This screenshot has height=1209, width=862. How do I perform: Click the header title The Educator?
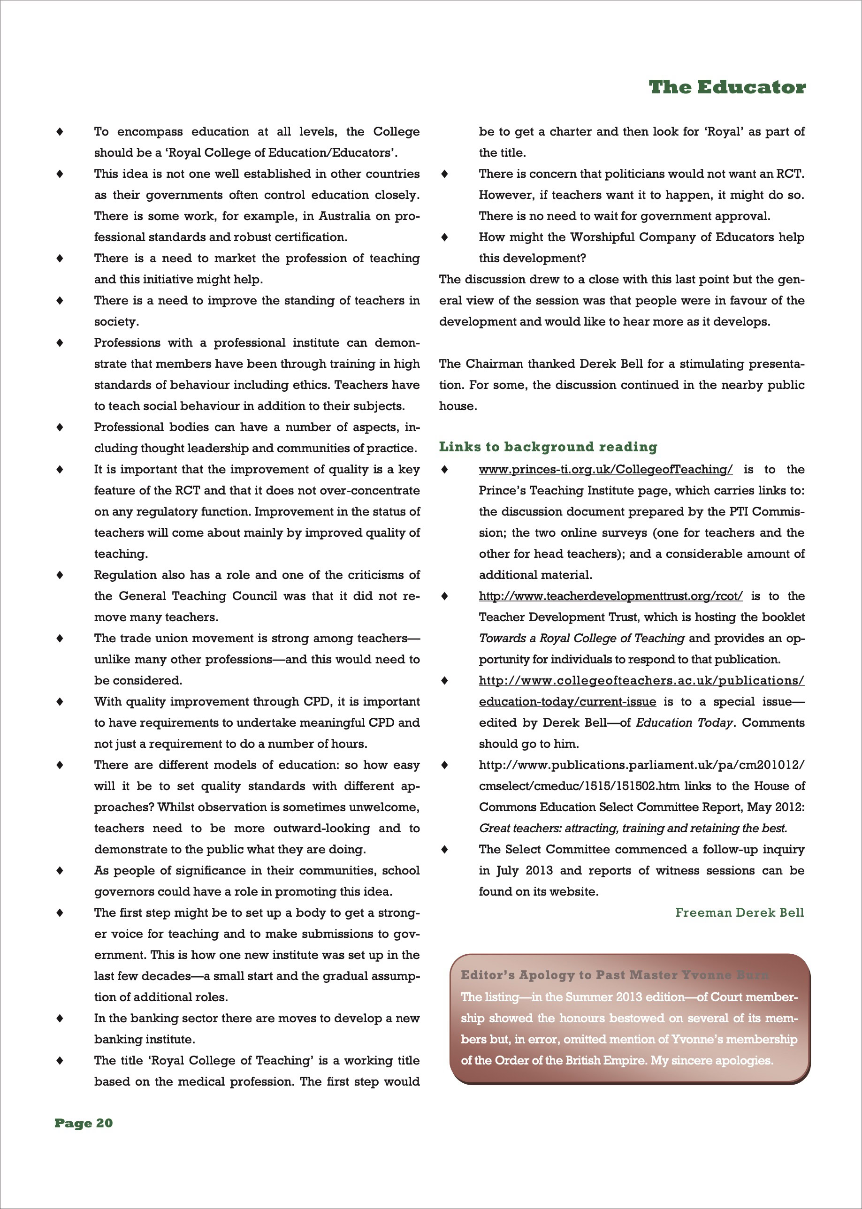click(727, 87)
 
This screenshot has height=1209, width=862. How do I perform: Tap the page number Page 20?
click(84, 1123)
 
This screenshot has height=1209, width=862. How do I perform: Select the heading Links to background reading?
click(548, 447)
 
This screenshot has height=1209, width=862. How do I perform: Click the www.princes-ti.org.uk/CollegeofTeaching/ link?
click(605, 470)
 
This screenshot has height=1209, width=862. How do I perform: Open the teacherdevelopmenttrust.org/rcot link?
click(610, 596)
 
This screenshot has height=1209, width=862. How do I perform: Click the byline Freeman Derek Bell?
click(740, 912)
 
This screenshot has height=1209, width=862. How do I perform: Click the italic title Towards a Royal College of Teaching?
click(581, 639)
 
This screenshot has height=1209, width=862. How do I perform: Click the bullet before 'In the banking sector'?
click(60, 1019)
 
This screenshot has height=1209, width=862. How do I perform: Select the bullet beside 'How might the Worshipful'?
click(445, 237)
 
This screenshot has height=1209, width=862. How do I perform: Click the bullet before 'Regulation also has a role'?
click(60, 575)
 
